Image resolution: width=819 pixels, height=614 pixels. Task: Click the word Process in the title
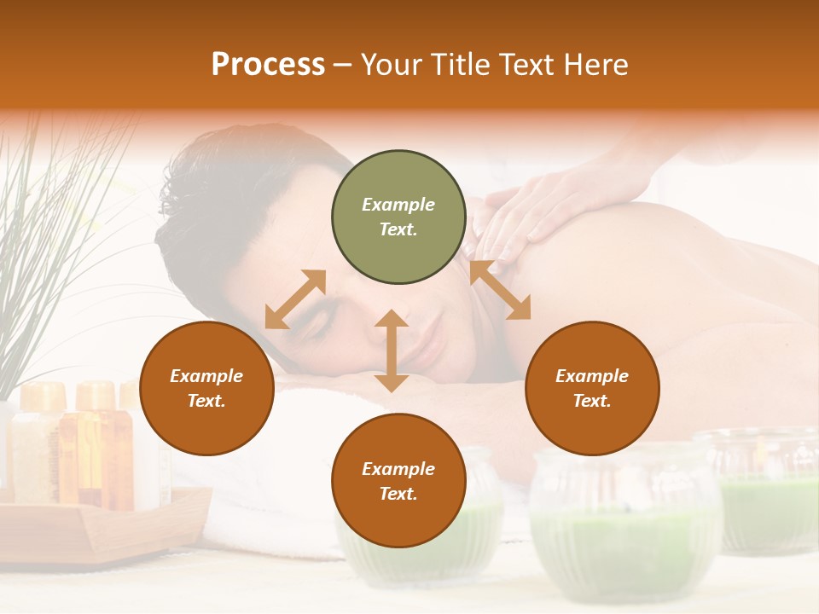tap(268, 65)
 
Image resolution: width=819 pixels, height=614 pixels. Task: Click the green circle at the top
tap(398, 217)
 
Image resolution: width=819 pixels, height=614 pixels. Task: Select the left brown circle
tap(206, 388)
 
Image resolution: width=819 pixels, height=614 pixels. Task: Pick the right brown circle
tap(592, 388)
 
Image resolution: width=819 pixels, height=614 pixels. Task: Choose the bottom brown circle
tap(398, 481)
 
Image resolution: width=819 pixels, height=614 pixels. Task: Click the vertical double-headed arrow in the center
tap(392, 350)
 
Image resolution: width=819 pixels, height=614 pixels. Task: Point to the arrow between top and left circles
tap(295, 299)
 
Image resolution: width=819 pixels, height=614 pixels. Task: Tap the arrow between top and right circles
tap(500, 291)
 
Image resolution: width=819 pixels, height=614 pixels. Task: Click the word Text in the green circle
tap(398, 229)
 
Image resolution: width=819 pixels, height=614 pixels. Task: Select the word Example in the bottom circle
tap(398, 469)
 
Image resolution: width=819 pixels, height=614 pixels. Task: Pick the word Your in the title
tap(391, 65)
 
